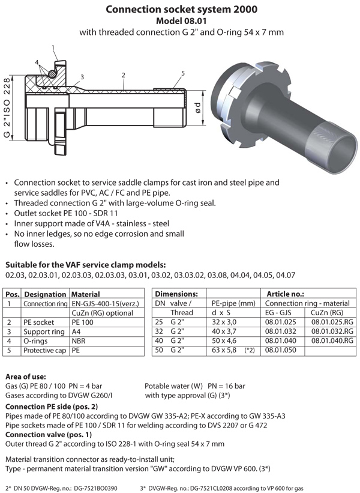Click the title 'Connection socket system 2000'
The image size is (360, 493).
coord(179,10)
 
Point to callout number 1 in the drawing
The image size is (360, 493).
coord(54,47)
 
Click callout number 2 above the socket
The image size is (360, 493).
coord(122,75)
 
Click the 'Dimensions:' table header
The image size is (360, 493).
coord(176,294)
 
